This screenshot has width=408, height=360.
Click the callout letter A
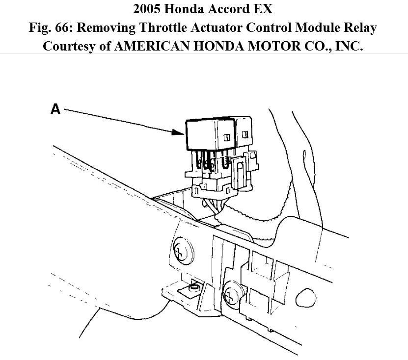tap(55, 109)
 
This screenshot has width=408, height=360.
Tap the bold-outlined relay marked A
tap(208, 134)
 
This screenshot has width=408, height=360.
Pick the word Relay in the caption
tap(359, 28)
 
